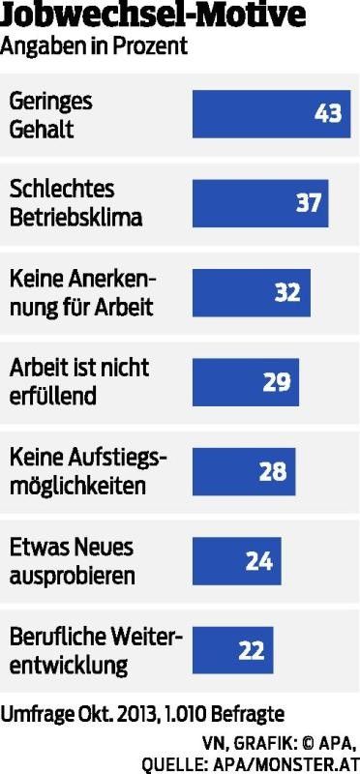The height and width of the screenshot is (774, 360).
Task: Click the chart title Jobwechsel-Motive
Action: click(x=154, y=15)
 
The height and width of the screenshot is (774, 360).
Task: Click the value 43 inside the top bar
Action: click(x=328, y=113)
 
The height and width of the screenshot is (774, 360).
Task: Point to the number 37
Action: click(x=308, y=202)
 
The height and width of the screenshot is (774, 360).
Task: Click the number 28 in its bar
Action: click(x=273, y=470)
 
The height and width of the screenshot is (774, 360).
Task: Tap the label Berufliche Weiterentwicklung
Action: click(x=94, y=650)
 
